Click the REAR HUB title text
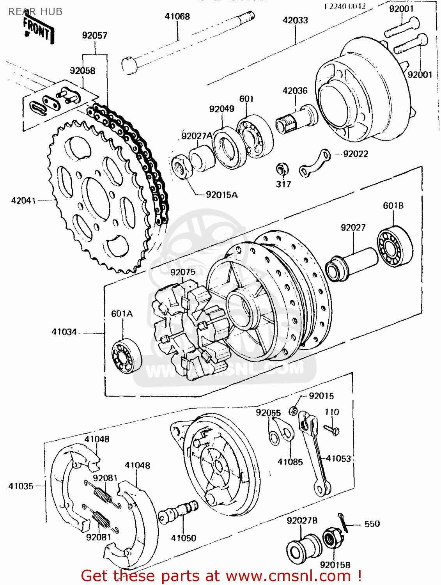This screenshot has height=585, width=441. click(x=35, y=12)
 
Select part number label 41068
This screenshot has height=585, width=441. click(x=177, y=16)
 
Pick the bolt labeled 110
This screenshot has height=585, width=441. click(x=332, y=430)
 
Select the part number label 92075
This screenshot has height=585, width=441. click(x=183, y=272)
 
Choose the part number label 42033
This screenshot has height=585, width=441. click(x=295, y=20)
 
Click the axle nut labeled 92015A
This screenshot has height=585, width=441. click(x=181, y=167)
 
